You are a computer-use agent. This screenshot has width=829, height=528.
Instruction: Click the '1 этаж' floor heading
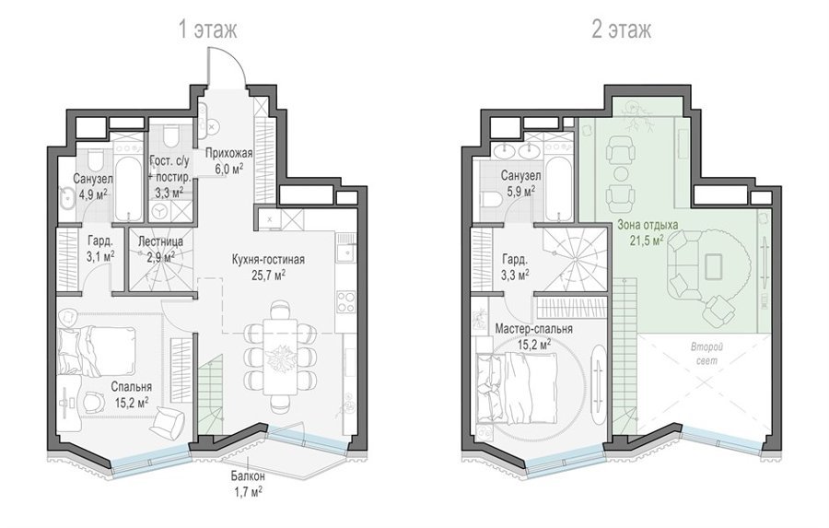(208, 29)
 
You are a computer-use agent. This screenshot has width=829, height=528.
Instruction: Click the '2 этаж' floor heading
(621, 29)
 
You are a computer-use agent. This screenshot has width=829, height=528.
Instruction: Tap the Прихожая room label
(229, 154)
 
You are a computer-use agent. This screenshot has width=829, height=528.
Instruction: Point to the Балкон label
(248, 476)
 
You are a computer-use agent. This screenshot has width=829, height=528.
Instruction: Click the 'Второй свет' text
(706, 354)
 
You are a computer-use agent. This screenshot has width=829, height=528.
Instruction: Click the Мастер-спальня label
(533, 329)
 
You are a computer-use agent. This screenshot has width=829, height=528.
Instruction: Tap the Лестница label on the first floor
(160, 241)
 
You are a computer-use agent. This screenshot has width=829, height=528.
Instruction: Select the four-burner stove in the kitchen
(347, 302)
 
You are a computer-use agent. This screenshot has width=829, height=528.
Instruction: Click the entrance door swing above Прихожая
(226, 64)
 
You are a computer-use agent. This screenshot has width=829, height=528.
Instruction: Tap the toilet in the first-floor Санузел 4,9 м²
(95, 158)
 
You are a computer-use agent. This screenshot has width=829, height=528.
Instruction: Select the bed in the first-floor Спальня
(96, 349)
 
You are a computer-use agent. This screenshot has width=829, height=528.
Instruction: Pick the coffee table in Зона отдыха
(713, 264)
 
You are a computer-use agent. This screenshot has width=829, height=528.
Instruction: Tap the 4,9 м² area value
(92, 194)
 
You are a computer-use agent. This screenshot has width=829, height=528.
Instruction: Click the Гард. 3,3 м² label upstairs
(514, 267)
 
